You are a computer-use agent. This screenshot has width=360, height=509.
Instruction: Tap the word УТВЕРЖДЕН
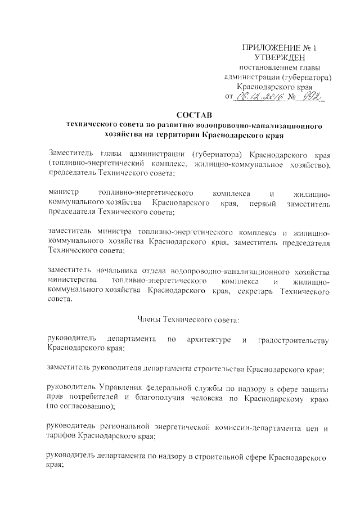click(280, 57)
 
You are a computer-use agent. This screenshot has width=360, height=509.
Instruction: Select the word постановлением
click(267, 67)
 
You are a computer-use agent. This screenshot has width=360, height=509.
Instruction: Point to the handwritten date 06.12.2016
click(258, 97)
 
